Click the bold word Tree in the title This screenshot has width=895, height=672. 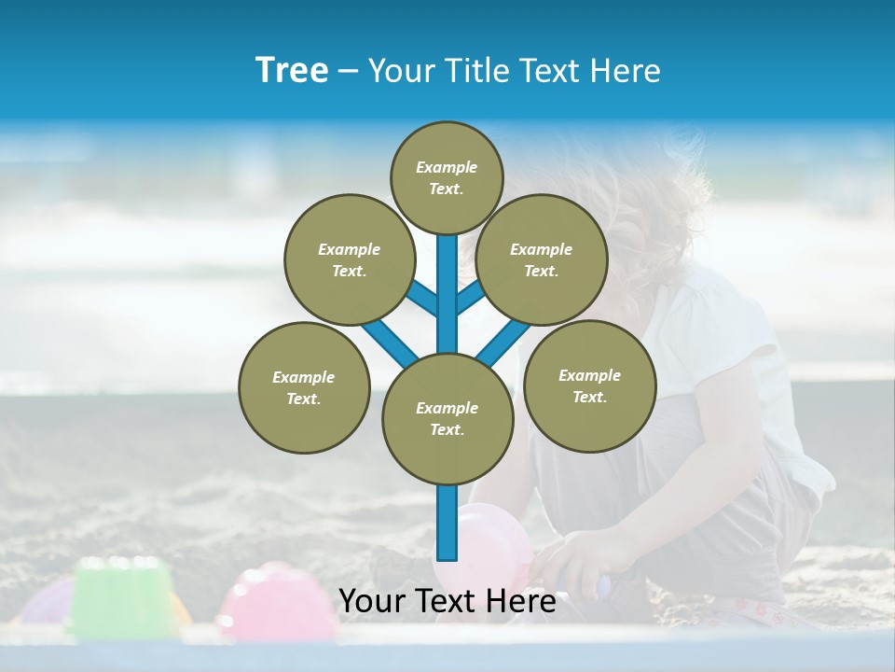point(292,71)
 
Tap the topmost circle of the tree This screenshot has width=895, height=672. point(447,177)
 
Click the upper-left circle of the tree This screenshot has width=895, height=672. point(349,259)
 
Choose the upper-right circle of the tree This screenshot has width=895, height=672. point(541,259)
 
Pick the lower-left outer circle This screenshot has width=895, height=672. point(304,387)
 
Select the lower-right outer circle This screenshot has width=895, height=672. point(589,385)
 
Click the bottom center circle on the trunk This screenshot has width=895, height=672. point(447,418)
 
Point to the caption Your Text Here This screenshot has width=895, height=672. point(447,602)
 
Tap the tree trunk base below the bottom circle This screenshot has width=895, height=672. point(447,523)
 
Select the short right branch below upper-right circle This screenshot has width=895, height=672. point(472,297)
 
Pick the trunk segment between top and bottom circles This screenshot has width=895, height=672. point(447,299)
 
